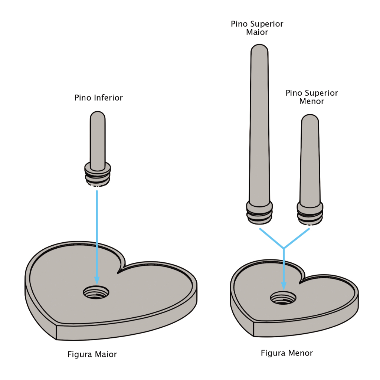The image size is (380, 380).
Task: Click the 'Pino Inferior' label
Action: pos(98,98)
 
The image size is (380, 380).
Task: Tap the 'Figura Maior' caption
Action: pos(92,354)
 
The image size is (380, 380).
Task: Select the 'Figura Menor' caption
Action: pos(287,353)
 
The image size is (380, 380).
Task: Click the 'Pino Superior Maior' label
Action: pos(257,28)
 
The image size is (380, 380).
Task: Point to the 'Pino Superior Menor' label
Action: pos(312,97)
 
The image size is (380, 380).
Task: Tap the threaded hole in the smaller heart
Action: pos(283,297)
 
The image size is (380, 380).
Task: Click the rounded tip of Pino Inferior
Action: pos(98,115)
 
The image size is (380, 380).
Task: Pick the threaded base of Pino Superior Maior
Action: pos(259,213)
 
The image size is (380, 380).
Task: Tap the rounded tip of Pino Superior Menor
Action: pos(309,118)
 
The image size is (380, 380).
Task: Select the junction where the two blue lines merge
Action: pos(284,248)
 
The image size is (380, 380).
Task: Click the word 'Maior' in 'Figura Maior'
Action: pos(106,354)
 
